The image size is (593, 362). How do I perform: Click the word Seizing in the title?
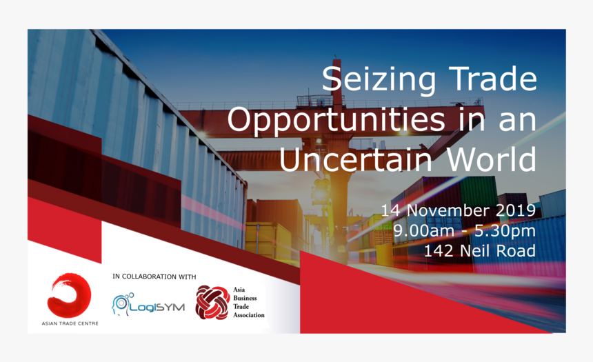379,79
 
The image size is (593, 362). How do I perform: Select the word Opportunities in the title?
336,119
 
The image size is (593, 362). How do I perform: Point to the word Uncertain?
356,158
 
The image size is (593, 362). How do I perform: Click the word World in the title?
492,158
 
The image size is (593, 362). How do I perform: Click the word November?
448,210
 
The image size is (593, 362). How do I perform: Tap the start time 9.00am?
418,230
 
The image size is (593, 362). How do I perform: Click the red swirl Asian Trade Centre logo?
69,295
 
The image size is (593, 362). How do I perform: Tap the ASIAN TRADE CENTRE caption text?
70,323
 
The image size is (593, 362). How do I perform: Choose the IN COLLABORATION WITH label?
154,277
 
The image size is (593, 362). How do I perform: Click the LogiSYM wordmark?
157,307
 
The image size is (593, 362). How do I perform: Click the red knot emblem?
212,302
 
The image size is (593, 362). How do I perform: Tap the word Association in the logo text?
249,314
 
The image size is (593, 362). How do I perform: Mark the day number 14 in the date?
391,210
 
